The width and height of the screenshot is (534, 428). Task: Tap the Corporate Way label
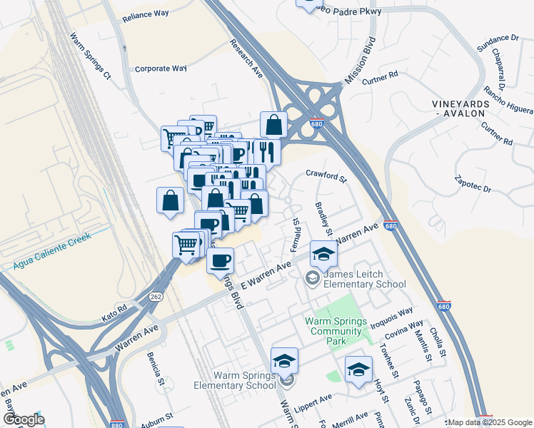click(161, 68)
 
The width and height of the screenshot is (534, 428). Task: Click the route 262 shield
click(155, 296)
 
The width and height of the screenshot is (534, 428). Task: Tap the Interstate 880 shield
click(119, 423)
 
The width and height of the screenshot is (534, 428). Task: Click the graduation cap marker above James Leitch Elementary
click(323, 254)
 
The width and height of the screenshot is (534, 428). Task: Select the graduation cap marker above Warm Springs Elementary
click(284, 360)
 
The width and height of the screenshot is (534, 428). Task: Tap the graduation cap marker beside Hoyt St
click(358, 369)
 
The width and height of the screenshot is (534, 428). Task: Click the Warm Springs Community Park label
click(333, 326)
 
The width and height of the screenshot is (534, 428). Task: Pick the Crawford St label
click(326, 173)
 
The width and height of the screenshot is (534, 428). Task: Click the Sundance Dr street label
click(497, 37)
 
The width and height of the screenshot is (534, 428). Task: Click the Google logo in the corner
click(23, 419)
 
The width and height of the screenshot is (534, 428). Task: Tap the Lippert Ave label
click(315, 398)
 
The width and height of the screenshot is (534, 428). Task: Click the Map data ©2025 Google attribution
click(490, 422)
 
